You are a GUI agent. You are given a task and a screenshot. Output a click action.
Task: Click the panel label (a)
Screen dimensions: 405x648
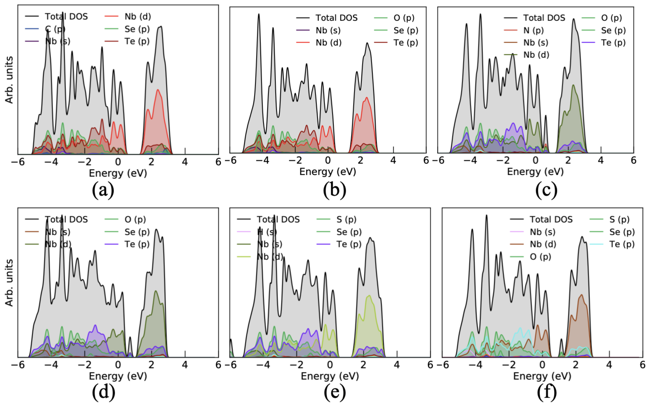click(103, 190)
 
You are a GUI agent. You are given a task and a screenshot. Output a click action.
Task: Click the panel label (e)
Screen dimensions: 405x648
click(335, 392)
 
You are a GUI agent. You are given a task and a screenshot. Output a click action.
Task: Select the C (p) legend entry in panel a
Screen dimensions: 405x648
click(55, 29)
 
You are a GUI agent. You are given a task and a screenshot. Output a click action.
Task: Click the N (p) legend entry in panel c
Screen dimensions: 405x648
click(533, 30)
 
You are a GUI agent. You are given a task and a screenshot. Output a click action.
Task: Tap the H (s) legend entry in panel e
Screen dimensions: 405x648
click(267, 232)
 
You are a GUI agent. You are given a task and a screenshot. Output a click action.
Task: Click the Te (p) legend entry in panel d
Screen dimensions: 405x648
click(137, 244)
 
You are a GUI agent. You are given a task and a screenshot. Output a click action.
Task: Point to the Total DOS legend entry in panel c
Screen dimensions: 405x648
click(544, 18)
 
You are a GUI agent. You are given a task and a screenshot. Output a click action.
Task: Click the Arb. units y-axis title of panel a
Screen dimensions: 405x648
click(9, 80)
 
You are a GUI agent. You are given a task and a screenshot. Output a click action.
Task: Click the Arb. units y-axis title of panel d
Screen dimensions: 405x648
click(9, 283)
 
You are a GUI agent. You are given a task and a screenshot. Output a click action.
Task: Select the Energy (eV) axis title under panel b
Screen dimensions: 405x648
click(327, 171)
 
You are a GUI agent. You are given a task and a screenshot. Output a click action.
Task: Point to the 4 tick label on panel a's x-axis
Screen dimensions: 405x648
click(185, 162)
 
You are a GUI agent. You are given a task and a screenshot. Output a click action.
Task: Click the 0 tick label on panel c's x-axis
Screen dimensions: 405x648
click(535, 160)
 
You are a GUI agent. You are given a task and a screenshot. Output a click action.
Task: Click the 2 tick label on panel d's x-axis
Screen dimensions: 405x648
click(151, 365)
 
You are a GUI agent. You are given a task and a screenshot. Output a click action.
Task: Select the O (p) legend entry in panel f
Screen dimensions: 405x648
click(540, 257)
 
